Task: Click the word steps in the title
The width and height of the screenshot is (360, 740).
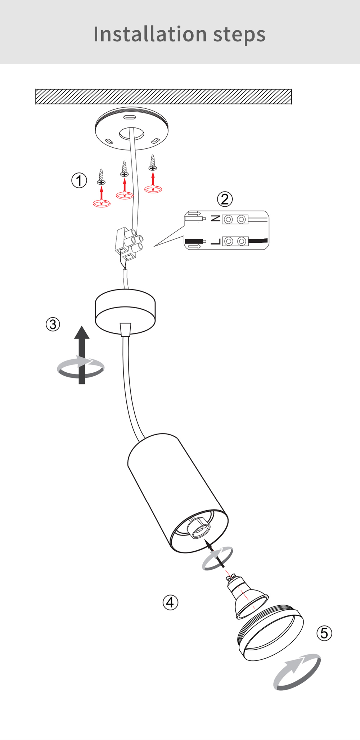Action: click(x=239, y=35)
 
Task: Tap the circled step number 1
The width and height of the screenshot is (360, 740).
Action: click(x=79, y=180)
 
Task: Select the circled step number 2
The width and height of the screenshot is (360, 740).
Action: click(x=225, y=199)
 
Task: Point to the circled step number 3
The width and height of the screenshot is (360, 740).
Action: click(x=53, y=324)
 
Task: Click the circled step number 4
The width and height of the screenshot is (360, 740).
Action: click(x=170, y=602)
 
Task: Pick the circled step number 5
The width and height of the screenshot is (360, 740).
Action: click(x=324, y=633)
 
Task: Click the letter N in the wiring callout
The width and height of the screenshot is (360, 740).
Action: click(x=215, y=219)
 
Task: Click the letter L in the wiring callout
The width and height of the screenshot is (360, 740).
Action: click(x=215, y=241)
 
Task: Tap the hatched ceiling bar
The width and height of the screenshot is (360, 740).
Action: click(x=163, y=97)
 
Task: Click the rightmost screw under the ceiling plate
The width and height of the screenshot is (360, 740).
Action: click(x=153, y=163)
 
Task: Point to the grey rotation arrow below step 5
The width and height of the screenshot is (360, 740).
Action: click(x=297, y=672)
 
